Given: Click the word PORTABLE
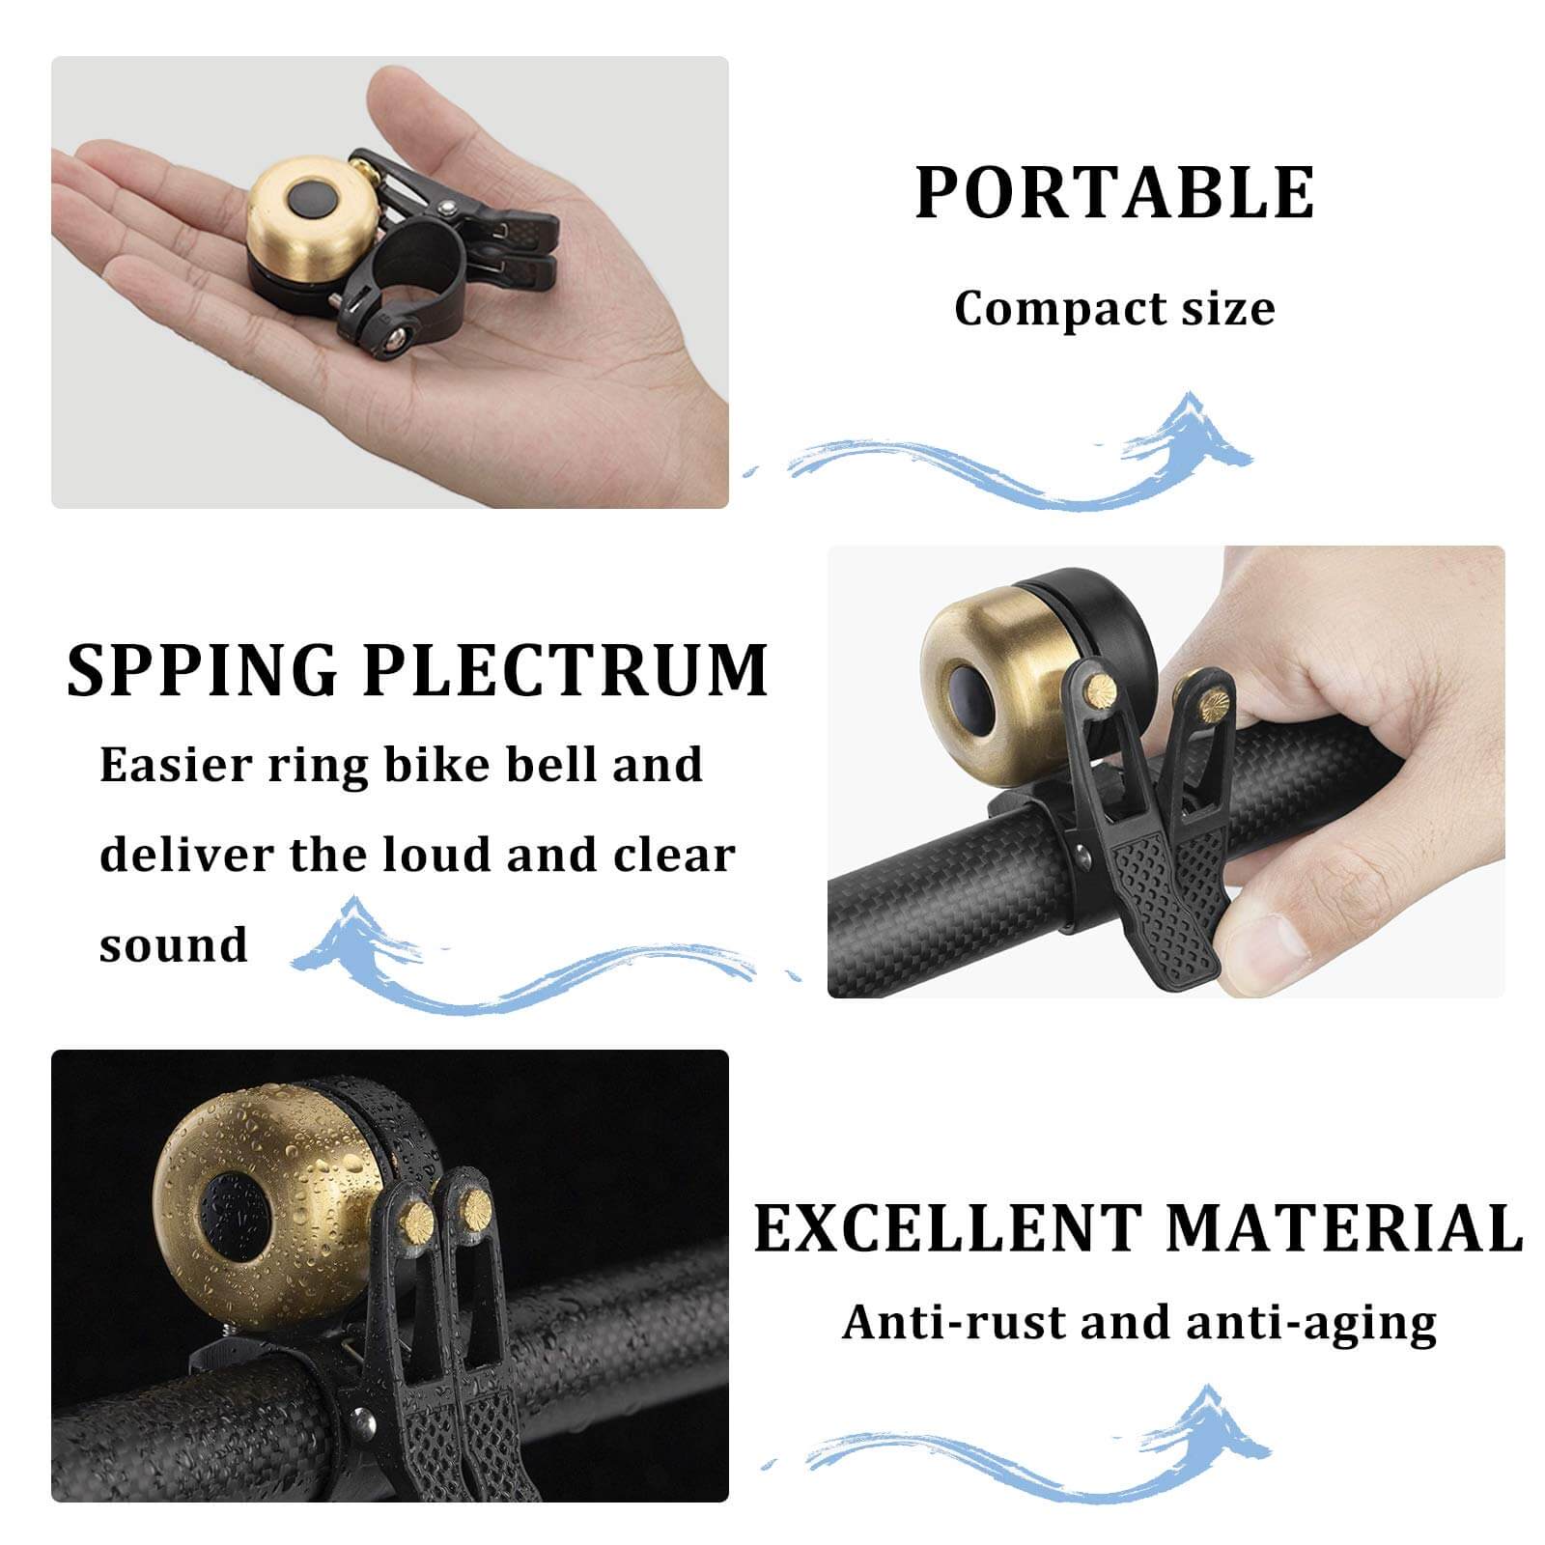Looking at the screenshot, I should [x=1114, y=193].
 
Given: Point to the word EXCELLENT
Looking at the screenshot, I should [x=947, y=1228].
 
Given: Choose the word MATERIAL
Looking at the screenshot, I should [x=1344, y=1228].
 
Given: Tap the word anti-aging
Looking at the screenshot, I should [x=1311, y=1324].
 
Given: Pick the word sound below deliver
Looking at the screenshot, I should [x=174, y=944].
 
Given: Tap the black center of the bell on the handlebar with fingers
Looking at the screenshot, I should [x=970, y=697].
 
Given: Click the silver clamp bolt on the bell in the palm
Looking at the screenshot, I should [x=393, y=339].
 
